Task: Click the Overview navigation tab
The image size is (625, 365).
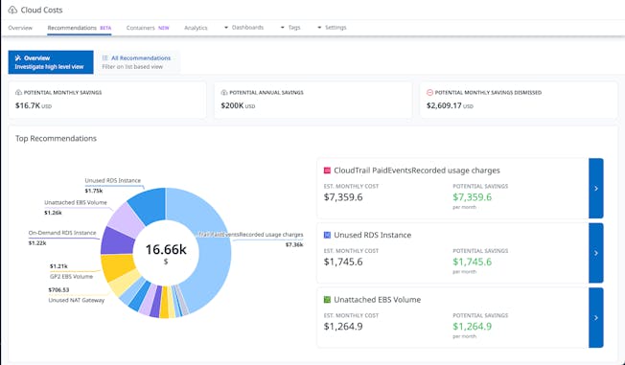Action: click(x=20, y=28)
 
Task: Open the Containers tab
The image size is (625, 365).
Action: click(x=140, y=28)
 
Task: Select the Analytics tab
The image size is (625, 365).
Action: click(x=196, y=28)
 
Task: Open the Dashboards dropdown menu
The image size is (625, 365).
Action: click(x=244, y=28)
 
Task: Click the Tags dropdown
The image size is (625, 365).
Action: click(x=290, y=28)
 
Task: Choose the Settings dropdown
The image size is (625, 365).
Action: click(x=332, y=28)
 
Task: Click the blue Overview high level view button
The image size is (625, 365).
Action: click(x=51, y=62)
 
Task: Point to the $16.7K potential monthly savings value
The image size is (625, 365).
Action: click(x=29, y=106)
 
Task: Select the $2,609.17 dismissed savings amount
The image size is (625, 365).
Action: click(x=451, y=106)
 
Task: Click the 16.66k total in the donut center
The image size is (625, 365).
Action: click(x=164, y=250)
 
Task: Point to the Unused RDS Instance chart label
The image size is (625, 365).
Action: click(x=113, y=180)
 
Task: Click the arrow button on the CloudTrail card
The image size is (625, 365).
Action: click(x=595, y=189)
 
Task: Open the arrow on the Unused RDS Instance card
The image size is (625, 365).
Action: click(x=595, y=253)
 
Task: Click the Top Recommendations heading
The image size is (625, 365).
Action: click(x=56, y=138)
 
